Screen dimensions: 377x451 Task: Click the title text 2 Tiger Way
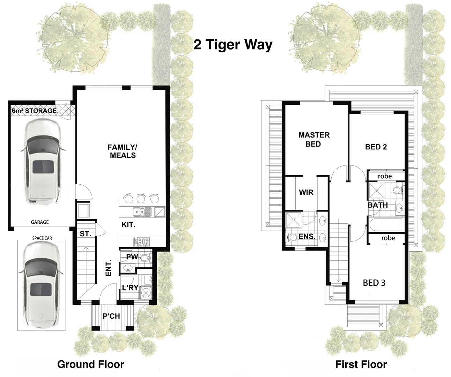(233, 45)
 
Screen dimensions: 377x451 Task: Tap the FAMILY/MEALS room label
(123, 151)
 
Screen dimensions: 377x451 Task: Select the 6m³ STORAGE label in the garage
(34, 111)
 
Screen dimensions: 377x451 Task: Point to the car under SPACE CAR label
(41, 284)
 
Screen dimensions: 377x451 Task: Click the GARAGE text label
(40, 222)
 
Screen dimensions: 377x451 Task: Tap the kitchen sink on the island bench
(142, 212)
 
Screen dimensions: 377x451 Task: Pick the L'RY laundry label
(130, 288)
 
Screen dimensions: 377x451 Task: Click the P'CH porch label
(111, 316)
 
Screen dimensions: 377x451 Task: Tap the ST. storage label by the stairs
(85, 234)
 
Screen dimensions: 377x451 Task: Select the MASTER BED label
(314, 139)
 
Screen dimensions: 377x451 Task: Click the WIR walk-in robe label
(306, 192)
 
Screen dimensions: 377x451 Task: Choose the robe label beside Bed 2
(385, 176)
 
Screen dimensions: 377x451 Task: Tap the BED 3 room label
(374, 283)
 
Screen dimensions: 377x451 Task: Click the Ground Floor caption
(90, 364)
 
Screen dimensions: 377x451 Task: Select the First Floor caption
(361, 364)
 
